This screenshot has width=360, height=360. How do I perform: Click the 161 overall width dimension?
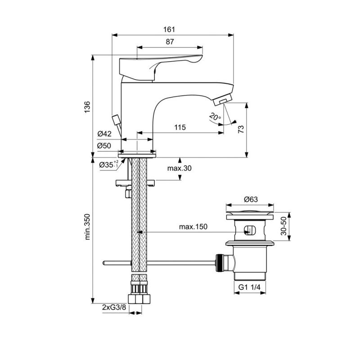169,30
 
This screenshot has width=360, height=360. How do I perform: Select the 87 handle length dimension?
170,42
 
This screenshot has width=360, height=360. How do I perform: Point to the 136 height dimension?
87,107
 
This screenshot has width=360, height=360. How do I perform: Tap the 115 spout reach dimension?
180,127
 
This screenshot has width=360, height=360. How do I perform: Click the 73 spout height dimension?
241,130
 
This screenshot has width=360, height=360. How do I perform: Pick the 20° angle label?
215,117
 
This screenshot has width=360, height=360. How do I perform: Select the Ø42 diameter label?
104,134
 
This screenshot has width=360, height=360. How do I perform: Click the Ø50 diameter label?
104,145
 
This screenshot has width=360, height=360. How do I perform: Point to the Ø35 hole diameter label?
109,164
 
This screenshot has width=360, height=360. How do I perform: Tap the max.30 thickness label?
179,168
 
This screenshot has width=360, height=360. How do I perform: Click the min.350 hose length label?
87,227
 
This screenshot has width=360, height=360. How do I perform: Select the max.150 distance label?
193,227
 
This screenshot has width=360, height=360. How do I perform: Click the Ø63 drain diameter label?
251,199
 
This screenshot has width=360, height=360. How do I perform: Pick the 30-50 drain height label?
284,226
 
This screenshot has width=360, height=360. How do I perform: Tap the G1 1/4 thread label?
249,287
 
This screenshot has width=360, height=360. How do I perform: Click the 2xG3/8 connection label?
114,307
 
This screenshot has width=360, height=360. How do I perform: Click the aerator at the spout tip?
222,100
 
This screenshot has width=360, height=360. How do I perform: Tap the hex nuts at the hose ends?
139,299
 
